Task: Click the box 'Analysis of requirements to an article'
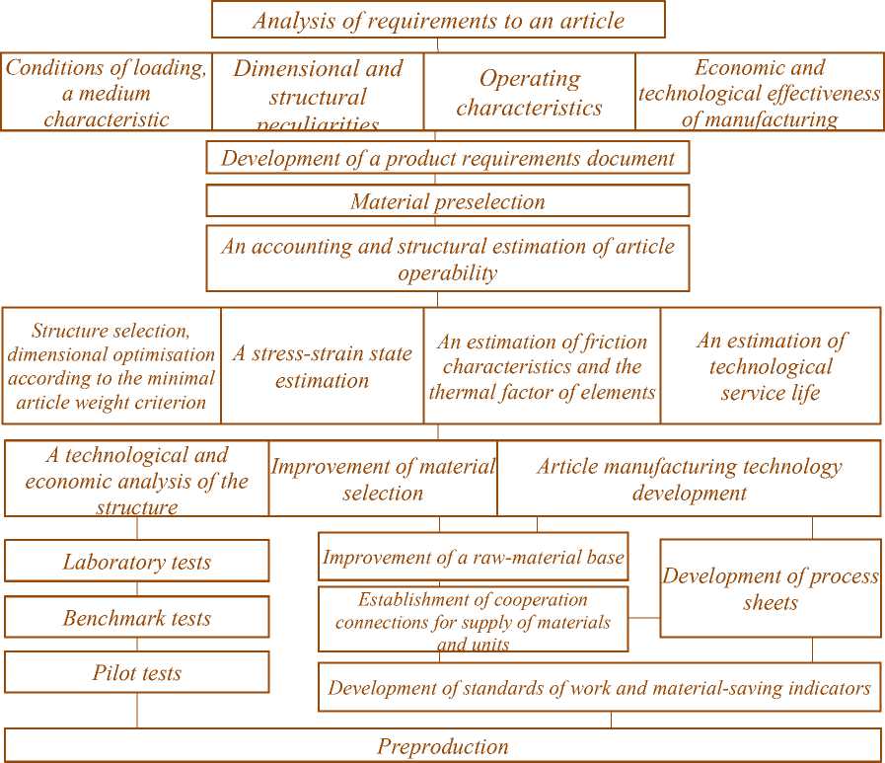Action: (x=438, y=20)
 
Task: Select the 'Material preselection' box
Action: (x=447, y=201)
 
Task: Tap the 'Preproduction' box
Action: (x=442, y=746)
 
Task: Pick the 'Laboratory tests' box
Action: (x=137, y=562)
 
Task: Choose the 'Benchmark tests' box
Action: (x=137, y=618)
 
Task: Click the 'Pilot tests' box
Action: (x=137, y=673)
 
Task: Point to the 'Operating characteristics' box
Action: (x=529, y=92)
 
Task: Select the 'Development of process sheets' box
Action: (x=770, y=588)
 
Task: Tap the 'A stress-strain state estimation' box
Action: (x=322, y=365)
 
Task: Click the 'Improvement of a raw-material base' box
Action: (x=474, y=558)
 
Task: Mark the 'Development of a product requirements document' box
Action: (x=447, y=158)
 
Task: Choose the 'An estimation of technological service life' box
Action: (x=771, y=365)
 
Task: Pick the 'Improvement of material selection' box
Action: (x=383, y=479)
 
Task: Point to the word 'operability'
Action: (x=447, y=272)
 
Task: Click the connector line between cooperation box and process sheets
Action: (x=643, y=618)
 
